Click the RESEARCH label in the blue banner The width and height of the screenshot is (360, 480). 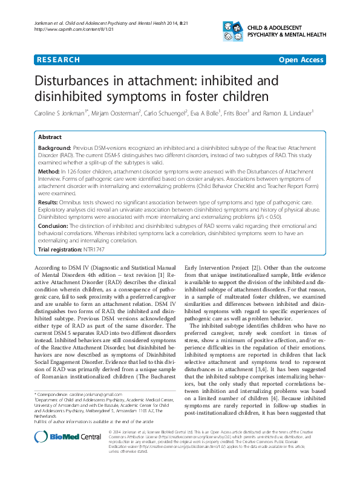(x=59, y=60)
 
